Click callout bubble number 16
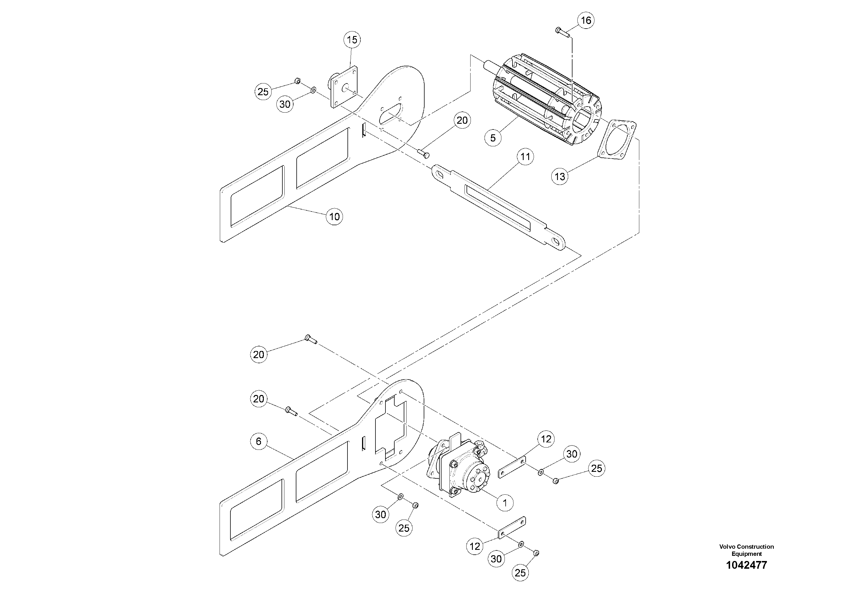[x=586, y=20]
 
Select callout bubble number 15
[x=352, y=40]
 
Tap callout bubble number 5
[x=493, y=138]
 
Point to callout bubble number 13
[x=560, y=176]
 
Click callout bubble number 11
[x=525, y=157]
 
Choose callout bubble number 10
[x=334, y=216]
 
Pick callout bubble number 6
[x=258, y=441]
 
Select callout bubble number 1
[x=505, y=503]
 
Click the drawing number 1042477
[x=746, y=565]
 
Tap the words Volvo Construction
[x=746, y=546]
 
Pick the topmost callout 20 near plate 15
[x=462, y=120]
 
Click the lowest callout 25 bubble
[x=520, y=573]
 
